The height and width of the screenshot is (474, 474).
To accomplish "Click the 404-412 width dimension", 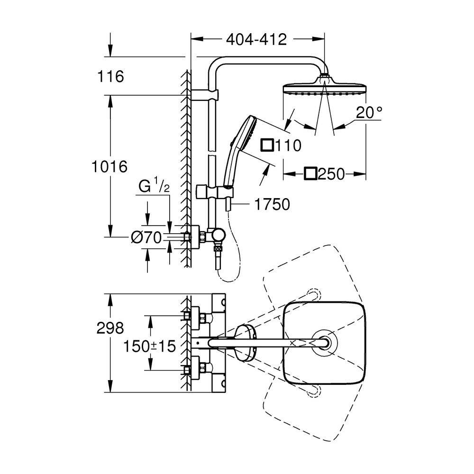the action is (x=256, y=39).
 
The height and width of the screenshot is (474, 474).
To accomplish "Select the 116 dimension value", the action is (x=110, y=76).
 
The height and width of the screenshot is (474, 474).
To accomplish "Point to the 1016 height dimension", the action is (x=109, y=166).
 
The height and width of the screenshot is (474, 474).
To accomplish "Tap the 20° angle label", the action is (x=369, y=112).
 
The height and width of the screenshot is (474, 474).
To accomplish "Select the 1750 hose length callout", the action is (x=272, y=204).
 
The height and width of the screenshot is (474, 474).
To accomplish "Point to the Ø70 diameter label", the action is (x=146, y=237).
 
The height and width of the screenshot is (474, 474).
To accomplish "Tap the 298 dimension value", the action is (x=110, y=328).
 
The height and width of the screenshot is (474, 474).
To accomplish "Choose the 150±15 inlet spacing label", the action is (x=149, y=346).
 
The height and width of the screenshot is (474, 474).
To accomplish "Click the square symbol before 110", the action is (x=267, y=145).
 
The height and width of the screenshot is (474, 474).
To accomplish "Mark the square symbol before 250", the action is (x=311, y=174).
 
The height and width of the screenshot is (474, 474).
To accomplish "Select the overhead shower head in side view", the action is (x=324, y=87).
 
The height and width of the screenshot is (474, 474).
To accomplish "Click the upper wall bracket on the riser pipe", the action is (x=204, y=95).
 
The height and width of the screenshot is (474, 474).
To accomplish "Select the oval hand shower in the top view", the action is (x=245, y=343).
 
